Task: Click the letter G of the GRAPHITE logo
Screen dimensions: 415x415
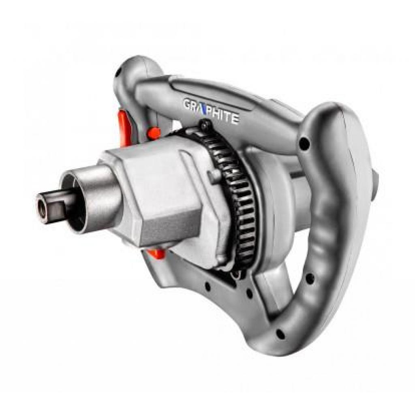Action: coord(187,103)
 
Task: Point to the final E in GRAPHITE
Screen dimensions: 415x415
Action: coord(235,119)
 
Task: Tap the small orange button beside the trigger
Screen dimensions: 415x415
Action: coord(154,133)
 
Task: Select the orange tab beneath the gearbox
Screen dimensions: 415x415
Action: coord(156,254)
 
